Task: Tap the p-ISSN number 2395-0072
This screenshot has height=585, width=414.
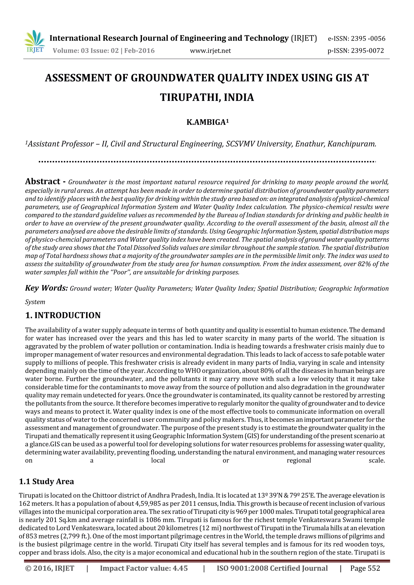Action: pos(367,51)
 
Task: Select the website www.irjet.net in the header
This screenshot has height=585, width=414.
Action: pos(210,51)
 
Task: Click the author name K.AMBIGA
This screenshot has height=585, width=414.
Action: pos(206,122)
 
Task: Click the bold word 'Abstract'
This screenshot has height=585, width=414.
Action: pos(43,181)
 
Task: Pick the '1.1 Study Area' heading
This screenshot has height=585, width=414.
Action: pos(46,482)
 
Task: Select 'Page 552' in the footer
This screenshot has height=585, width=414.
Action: pos(365,568)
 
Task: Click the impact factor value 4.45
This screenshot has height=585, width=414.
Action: pos(180,568)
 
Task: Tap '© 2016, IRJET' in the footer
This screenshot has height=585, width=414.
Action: pos(50,568)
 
